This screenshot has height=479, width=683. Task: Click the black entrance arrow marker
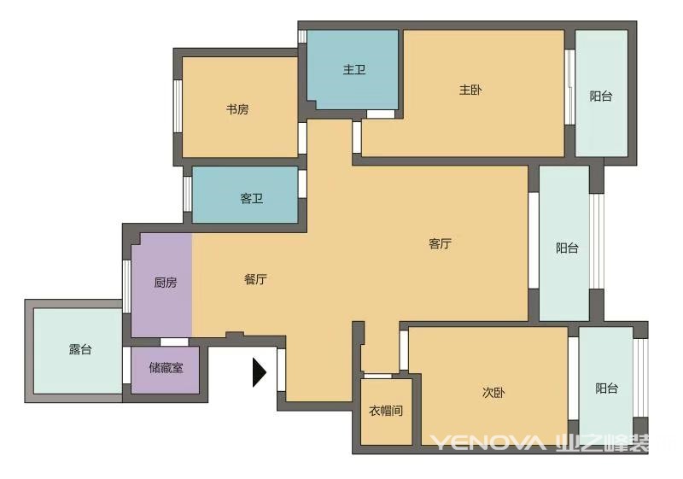click(260, 372)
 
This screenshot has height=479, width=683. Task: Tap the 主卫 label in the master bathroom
click(354, 70)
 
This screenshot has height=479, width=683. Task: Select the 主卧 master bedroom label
click(470, 91)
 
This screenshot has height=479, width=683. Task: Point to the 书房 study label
click(237, 109)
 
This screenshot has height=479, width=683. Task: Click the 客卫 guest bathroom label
click(252, 199)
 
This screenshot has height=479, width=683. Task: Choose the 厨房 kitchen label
click(166, 283)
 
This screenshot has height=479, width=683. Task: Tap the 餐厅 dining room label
click(255, 279)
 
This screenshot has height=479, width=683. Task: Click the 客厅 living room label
click(440, 243)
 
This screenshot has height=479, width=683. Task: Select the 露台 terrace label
click(80, 349)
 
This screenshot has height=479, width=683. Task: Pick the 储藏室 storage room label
click(166, 368)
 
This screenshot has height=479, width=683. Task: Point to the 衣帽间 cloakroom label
click(386, 411)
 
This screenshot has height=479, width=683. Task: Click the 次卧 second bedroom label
click(493, 393)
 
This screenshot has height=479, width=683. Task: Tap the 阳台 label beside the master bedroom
click(601, 96)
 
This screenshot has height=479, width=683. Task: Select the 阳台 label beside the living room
click(567, 248)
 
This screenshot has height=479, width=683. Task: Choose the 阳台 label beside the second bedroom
click(607, 388)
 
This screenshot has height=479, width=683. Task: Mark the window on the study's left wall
click(178, 106)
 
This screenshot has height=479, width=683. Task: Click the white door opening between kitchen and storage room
click(174, 342)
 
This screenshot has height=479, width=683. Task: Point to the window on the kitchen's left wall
click(126, 286)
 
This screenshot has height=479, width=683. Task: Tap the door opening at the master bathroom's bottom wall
click(380, 114)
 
